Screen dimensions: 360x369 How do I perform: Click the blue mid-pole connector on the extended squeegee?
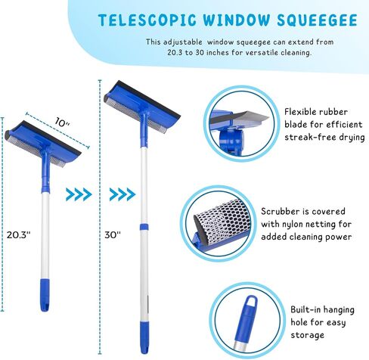pos(141,225)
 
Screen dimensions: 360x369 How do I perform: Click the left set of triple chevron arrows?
pos(79,194)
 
